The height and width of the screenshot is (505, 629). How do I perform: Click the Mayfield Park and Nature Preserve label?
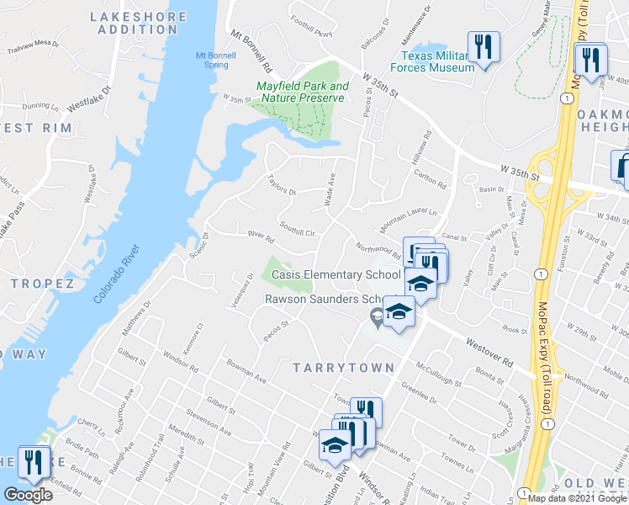point(301,92)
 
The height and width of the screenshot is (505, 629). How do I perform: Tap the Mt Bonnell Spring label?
point(212,59)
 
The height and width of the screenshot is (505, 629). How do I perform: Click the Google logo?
point(28,495)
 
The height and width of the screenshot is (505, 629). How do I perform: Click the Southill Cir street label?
point(296,228)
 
